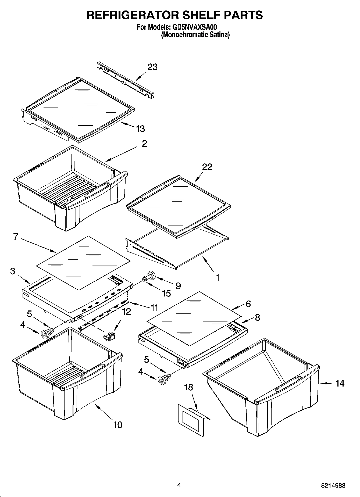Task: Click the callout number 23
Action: [x=152, y=67]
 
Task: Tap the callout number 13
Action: [x=140, y=129]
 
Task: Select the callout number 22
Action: [x=207, y=167]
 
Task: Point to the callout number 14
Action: [x=340, y=383]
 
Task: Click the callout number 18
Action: [x=188, y=387]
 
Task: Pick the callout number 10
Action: [x=118, y=425]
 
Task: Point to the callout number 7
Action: [x=15, y=237]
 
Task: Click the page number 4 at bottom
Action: [x=179, y=485]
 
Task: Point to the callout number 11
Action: [x=154, y=308]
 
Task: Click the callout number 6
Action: [x=248, y=304]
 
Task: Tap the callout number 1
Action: [x=218, y=277]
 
